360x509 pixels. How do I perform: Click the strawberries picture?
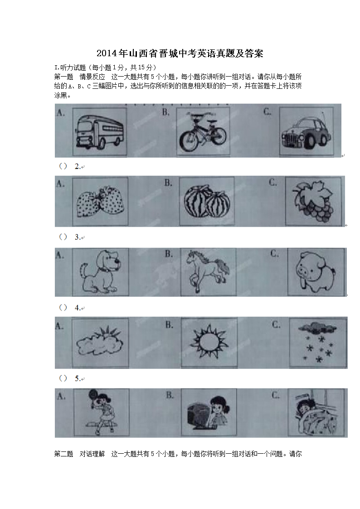tap(100, 202)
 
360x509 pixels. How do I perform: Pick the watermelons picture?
tap(207, 202)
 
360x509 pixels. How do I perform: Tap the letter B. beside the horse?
tap(169, 254)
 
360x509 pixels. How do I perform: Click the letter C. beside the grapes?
tap(273, 183)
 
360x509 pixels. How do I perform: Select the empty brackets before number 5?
tap(63, 378)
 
